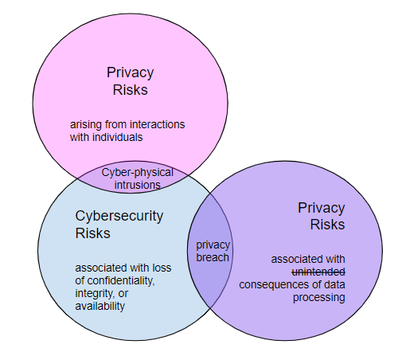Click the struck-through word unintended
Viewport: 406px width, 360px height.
pos(318,272)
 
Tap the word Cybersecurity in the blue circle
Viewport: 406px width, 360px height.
pos(119,217)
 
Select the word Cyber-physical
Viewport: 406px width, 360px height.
pos(137,173)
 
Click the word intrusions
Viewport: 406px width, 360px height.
pos(138,185)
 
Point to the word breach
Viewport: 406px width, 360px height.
pos(213,257)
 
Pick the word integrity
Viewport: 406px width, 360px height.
pos(95,294)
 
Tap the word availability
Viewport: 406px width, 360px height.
pos(100,307)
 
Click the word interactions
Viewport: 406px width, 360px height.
pos(158,124)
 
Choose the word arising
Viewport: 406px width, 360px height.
pos(86,125)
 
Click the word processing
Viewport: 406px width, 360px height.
pos(319,298)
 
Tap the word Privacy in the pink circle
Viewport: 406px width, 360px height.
pos(131,72)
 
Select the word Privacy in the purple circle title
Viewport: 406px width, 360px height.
pos(322,208)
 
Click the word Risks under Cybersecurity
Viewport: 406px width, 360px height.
pos(92,233)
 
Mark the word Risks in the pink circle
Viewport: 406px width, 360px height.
pos(131,90)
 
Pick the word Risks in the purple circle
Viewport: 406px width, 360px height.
pos(328,225)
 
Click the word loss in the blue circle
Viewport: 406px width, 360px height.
pos(162,268)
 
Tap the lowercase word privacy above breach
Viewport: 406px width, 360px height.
pos(213,245)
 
